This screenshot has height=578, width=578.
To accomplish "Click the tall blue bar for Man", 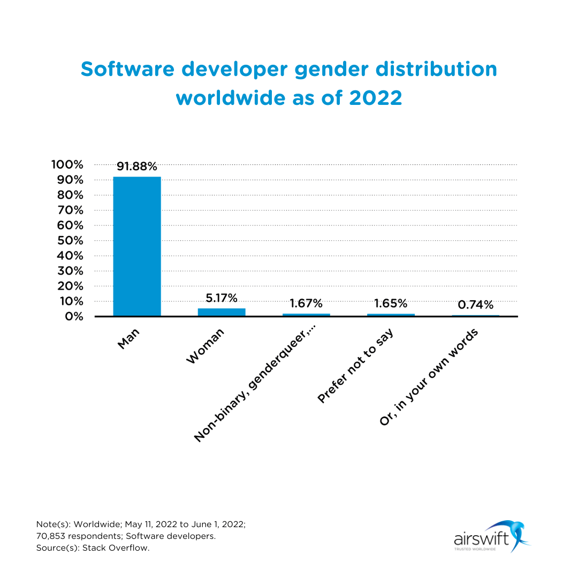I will pos(137,246).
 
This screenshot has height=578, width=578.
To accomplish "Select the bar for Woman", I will pos(222,312).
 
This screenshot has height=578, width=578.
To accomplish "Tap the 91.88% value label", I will pos(137,166).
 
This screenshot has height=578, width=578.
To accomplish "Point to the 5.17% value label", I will pos(222,298).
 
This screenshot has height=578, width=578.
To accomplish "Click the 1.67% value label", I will pos(306,303).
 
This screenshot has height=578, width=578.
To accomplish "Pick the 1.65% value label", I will pos(391,303).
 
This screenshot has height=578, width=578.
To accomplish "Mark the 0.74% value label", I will pos(475,305).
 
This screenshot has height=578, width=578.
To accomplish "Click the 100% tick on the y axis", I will pos(67,164).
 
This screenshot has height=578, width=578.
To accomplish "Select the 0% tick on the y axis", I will pos(73,316).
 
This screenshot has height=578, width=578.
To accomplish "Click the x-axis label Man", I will pos(128,339).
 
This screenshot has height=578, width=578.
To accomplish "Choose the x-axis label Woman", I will pos(205,347).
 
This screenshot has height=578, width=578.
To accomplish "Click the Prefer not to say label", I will pos(355,366).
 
